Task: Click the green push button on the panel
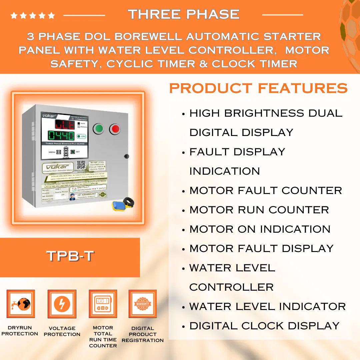click(x=98, y=129)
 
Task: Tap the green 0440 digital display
click(x=61, y=136)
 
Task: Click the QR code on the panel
click(x=81, y=165)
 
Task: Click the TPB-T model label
click(x=70, y=256)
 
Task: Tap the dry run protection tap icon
click(x=21, y=304)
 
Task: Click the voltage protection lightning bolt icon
click(x=62, y=304)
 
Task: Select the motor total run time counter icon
click(x=103, y=304)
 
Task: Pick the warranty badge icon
click(x=143, y=304)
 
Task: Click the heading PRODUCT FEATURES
click(x=258, y=88)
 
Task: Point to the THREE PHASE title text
click(x=184, y=14)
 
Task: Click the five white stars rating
click(x=32, y=15)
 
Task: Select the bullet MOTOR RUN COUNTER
click(x=259, y=210)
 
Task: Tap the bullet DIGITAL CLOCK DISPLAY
click(x=264, y=326)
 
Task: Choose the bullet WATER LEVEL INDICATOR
click(x=267, y=306)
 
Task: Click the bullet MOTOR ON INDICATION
click(x=260, y=229)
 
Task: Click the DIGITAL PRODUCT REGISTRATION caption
click(x=143, y=334)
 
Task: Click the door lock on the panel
click(x=126, y=156)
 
